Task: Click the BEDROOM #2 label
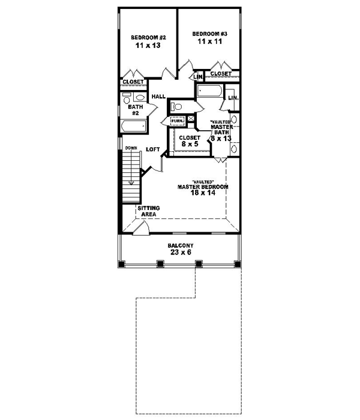tap(148, 37)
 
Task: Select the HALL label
tap(158, 97)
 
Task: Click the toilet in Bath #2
tap(140, 97)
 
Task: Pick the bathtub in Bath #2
tap(133, 126)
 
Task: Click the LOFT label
tap(152, 149)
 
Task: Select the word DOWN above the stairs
tap(131, 148)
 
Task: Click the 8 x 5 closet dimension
tap(189, 144)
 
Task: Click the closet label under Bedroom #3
tap(221, 74)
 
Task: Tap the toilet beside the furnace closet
tap(176, 107)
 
